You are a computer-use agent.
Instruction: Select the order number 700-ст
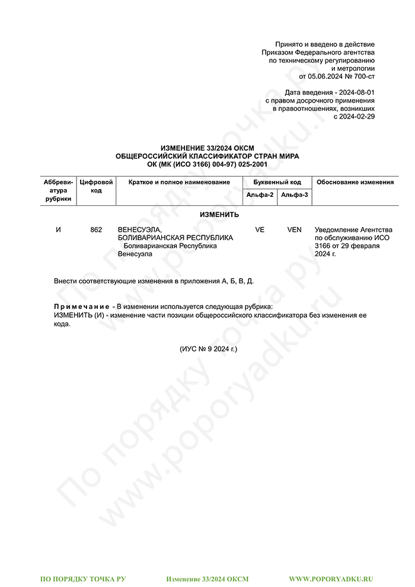[360, 76]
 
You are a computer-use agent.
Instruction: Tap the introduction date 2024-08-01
[355, 93]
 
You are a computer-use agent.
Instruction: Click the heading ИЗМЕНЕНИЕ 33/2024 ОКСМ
[207, 148]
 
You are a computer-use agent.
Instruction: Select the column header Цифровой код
[96, 186]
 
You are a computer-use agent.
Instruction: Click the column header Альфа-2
[260, 195]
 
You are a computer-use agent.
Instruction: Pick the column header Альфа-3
[295, 195]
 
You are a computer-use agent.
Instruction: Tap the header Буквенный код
[277, 182]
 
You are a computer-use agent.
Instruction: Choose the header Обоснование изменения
[355, 182]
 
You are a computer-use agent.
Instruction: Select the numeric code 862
[96, 229]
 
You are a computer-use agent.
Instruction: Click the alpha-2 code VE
[260, 229]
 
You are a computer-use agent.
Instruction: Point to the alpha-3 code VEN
[295, 229]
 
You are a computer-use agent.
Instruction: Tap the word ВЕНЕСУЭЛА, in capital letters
[140, 229]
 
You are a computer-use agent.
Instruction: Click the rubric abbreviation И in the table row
[58, 229]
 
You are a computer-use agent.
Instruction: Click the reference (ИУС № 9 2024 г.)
[208, 349]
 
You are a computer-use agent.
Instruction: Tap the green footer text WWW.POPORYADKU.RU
[331, 578]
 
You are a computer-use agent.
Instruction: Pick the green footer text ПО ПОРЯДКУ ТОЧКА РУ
[83, 578]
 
